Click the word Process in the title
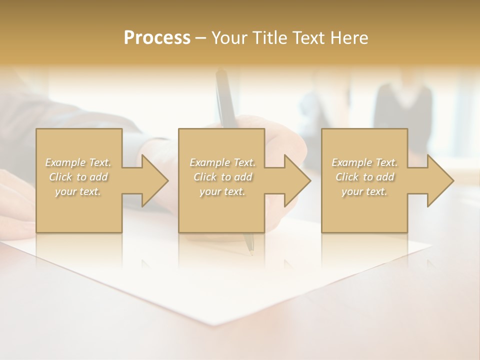pos(157,38)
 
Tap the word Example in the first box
pos(65,162)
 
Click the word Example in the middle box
pos(209,162)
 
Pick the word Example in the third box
pos(351,162)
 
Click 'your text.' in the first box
pos(78,191)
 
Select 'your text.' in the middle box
pos(222,191)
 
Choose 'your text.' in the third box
pos(364,191)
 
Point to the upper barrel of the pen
pos(224,95)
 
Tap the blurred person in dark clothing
pos(402,110)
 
